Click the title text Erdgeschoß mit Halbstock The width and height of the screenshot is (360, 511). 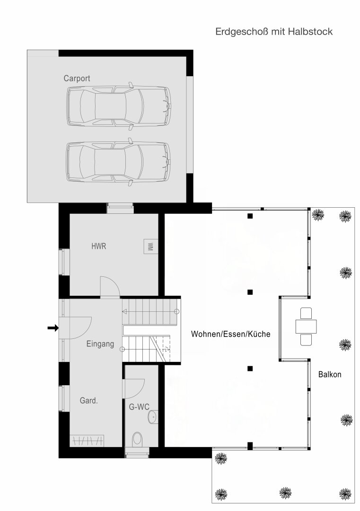[274, 32]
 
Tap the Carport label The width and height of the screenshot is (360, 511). [77, 79]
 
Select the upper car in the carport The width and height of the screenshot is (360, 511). [118, 106]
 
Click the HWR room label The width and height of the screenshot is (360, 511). [98, 247]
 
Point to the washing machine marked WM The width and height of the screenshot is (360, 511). [150, 247]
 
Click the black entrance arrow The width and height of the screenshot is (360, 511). [53, 327]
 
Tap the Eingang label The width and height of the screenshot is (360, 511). [100, 344]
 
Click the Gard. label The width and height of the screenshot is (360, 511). [88, 401]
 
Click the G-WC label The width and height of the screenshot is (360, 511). [139, 406]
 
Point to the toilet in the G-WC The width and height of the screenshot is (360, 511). [138, 439]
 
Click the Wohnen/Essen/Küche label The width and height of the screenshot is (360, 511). [230, 334]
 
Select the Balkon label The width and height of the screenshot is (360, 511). [330, 374]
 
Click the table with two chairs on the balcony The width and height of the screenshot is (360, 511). [306, 326]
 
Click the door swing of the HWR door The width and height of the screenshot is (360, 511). [109, 287]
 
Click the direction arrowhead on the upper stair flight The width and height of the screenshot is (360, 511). [124, 311]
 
